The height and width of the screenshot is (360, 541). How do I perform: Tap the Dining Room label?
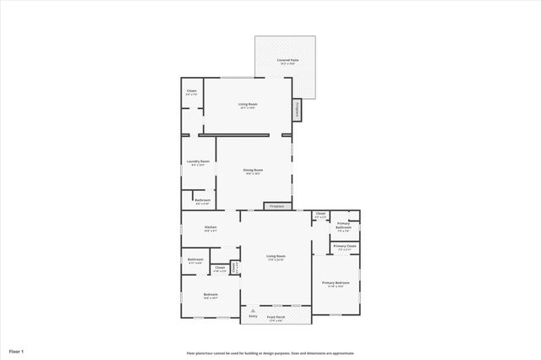coord(254,172)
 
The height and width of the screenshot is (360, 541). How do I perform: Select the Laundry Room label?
coord(198,162)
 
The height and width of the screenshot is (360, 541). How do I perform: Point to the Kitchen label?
coord(210,228)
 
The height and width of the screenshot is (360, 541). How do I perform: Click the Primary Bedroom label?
coord(335,284)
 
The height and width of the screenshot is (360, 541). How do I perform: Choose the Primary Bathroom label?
coord(343,226)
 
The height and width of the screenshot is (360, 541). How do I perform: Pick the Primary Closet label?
coord(345,248)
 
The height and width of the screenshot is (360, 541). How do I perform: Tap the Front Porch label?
coord(276,319)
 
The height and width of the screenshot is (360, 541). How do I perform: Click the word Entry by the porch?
coord(252,319)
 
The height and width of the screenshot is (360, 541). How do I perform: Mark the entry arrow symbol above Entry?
coord(252,311)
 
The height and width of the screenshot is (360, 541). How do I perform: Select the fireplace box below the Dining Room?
coord(276,205)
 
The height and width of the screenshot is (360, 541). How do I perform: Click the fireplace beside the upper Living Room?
coord(297,111)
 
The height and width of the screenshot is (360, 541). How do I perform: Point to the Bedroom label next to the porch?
coord(210,296)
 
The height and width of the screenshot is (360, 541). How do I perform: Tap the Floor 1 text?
coord(17,350)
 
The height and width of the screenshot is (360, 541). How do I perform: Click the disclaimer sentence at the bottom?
coord(270,353)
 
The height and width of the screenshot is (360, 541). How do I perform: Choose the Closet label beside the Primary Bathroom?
coord(320,215)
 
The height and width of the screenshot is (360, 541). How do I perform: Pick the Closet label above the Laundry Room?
coord(192,92)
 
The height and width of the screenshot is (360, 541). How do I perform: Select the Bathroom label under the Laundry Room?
coord(203,202)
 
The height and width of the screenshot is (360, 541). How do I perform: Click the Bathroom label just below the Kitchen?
coord(195,260)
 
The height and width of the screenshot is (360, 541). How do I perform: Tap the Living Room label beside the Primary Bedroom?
coord(276,257)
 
